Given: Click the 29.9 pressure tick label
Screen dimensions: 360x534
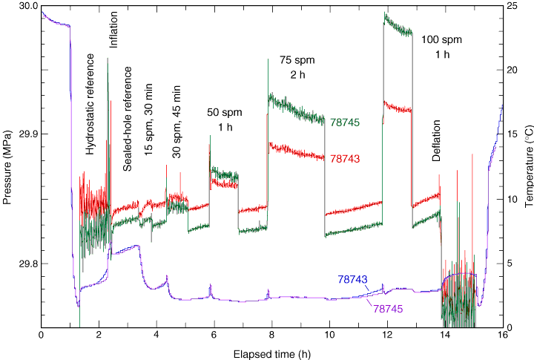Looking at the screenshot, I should pos(27,134).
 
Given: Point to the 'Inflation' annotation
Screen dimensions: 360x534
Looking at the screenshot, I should pos(113,30).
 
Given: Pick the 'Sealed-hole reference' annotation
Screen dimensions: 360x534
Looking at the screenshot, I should pos(128,119).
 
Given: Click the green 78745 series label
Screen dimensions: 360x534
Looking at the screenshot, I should pos(345,122).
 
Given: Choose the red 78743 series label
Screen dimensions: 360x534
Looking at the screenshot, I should pos(345,158).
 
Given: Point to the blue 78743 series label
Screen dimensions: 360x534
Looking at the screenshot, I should pos(352,279).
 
